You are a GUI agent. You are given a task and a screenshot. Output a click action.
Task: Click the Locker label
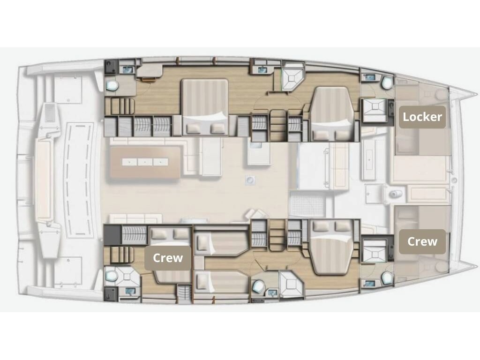422,117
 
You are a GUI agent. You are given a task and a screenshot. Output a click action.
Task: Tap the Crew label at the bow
422,241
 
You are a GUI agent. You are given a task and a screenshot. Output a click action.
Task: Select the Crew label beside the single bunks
168,258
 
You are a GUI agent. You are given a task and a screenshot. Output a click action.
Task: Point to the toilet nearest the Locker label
387,82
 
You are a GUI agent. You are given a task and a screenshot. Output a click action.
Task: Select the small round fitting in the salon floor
250,180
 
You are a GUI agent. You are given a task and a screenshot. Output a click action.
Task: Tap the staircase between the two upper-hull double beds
277,125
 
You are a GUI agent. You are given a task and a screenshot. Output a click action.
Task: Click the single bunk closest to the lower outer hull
221,281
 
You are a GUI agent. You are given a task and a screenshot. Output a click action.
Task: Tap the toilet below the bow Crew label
387,277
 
